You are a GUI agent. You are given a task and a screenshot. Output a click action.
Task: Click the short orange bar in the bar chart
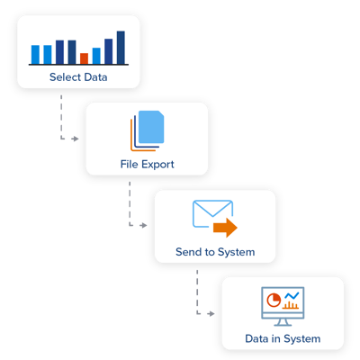coord(85,58)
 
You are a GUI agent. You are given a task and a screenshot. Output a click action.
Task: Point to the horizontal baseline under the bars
coord(78,67)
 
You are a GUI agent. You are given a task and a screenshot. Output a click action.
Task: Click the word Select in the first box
coord(65,78)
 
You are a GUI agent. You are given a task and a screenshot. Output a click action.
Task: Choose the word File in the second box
coord(129,165)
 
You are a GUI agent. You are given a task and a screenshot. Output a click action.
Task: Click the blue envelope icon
coord(211,213)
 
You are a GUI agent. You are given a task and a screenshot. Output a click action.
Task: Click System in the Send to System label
coord(234,252)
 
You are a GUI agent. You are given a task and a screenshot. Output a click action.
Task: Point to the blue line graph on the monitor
coord(292,296)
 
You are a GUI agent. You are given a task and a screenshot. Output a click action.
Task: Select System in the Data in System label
coord(300,339)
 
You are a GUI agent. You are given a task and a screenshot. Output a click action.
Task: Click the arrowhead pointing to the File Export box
coord(76,139)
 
